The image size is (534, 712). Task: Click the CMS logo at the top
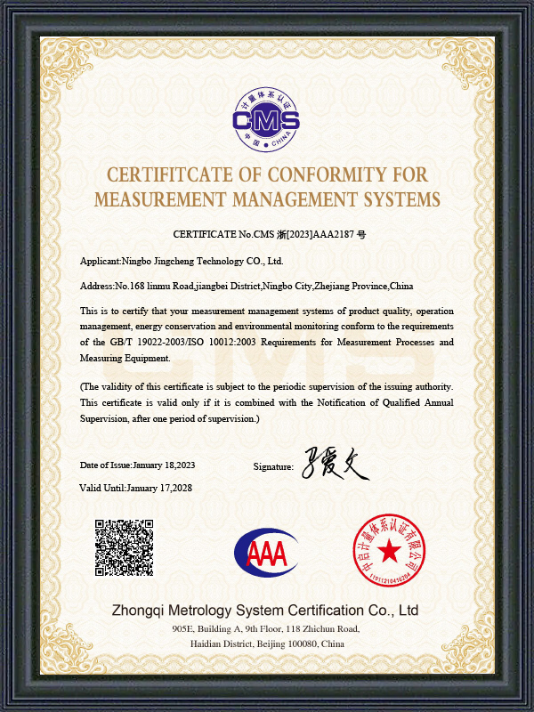click(266, 118)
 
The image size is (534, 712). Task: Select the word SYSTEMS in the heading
click(397, 198)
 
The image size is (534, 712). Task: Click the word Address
click(97, 286)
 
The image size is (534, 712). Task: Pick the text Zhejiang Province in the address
click(356, 286)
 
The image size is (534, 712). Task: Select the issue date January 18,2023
click(164, 465)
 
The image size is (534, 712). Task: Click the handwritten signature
click(334, 465)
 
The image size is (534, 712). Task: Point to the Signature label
click(273, 466)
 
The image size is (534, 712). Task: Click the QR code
click(125, 547)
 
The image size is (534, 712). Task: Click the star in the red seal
click(389, 553)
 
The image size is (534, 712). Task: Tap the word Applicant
click(99, 261)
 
